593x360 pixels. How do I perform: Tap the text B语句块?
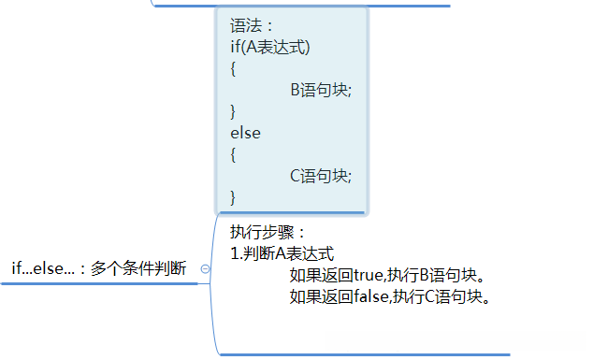point(321,91)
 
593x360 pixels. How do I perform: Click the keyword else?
point(245,133)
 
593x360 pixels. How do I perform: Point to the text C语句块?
point(321,175)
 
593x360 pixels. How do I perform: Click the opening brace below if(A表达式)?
point(234,69)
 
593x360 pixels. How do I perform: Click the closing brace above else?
point(234,111)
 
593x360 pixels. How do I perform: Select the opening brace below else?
point(234,154)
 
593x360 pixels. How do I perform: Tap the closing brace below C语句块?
point(234,196)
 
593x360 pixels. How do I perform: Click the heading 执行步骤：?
point(268,232)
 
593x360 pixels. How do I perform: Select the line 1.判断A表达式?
point(282,253)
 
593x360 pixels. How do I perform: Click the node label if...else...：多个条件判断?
point(98,268)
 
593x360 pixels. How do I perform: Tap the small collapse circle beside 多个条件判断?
point(206,268)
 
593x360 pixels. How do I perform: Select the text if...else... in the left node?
point(43,268)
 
